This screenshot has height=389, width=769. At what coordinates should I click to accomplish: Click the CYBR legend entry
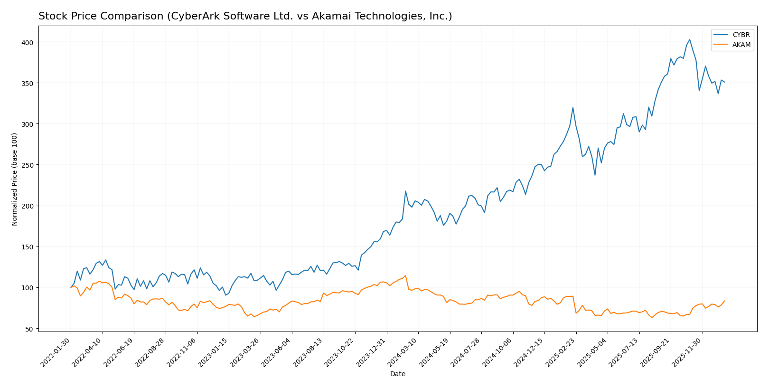tap(741, 35)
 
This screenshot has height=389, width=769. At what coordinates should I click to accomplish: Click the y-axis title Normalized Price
tap(15, 179)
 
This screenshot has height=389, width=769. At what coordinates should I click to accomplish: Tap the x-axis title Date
tap(397, 374)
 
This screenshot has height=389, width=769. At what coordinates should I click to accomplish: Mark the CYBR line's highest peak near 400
tap(689, 39)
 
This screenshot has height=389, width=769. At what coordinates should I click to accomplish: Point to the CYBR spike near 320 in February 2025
tap(572, 107)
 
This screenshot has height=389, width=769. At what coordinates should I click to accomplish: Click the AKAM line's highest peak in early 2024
tap(405, 275)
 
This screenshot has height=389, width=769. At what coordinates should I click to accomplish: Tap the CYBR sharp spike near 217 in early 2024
tap(405, 191)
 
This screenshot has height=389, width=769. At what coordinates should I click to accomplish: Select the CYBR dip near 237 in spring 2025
tap(595, 175)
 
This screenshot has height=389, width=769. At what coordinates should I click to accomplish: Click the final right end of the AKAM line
tap(724, 301)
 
